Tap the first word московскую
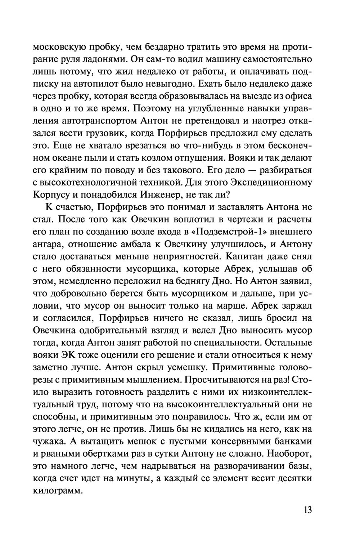59,47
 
